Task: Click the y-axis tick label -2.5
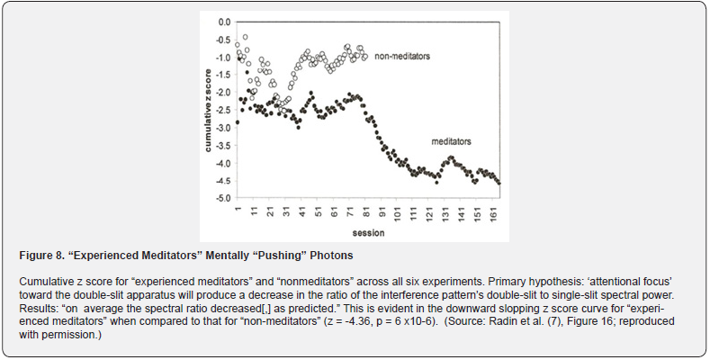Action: click(223, 110)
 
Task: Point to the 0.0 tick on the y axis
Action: click(224, 22)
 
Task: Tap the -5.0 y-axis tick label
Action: click(223, 198)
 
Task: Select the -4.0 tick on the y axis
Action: click(223, 163)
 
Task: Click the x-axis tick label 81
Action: click(366, 211)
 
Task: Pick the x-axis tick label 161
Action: click(492, 213)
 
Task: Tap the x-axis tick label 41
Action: click(302, 211)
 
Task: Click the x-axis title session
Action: click(369, 233)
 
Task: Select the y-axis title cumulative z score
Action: click(208, 110)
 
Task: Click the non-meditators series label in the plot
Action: click(402, 57)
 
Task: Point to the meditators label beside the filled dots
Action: click(451, 141)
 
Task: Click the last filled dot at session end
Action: click(499, 184)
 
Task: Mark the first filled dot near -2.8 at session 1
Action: click(238, 122)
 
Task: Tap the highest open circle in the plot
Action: click(245, 37)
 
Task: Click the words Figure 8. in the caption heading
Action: click(40, 256)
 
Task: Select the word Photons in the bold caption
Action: click(335, 256)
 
